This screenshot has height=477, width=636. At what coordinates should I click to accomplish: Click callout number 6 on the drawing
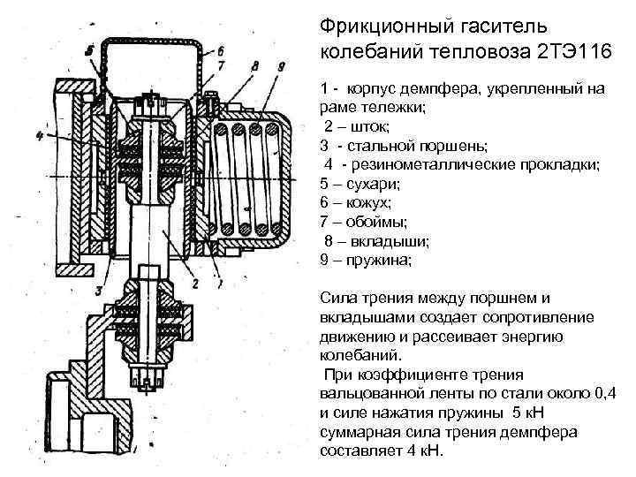click(x=221, y=49)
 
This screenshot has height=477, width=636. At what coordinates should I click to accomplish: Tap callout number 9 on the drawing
click(x=280, y=65)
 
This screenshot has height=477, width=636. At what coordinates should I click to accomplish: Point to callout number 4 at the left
click(x=41, y=136)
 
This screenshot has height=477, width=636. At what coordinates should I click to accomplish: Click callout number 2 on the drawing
click(x=194, y=283)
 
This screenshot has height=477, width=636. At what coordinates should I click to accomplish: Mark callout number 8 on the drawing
click(x=254, y=65)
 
